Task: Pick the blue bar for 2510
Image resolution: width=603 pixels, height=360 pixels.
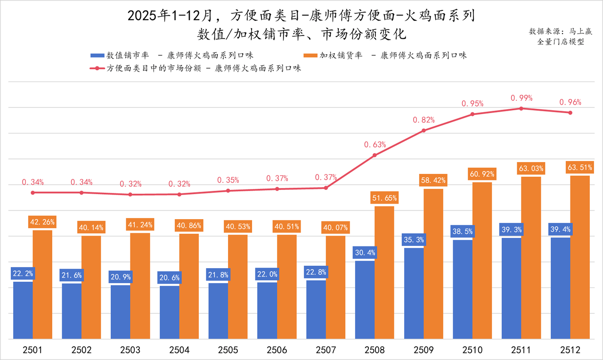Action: [463, 289]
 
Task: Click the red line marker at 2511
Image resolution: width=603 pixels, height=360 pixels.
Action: [521, 108]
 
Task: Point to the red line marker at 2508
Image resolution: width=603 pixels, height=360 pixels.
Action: [375, 155]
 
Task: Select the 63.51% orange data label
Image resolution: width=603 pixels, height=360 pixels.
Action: [580, 167]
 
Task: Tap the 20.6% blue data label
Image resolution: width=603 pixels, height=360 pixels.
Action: [170, 278]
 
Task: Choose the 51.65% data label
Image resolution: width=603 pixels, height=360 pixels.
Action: [384, 198]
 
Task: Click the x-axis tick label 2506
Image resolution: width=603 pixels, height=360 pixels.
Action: [277, 350]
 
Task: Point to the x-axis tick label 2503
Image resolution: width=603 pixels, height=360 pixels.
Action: [130, 350]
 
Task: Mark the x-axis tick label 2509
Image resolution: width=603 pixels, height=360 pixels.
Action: [424, 350]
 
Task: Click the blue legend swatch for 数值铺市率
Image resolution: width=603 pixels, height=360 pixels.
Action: [97, 55]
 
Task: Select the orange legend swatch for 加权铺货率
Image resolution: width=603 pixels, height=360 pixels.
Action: [311, 55]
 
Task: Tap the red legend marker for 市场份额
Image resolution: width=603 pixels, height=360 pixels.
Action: [97, 68]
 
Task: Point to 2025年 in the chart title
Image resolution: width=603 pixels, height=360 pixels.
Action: [144, 16]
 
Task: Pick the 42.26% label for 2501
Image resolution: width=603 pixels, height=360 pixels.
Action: [42, 222]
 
